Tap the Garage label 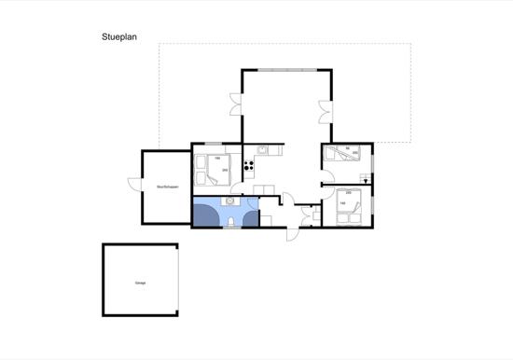(140, 282)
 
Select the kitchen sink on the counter (264, 149)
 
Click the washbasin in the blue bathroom (230, 201)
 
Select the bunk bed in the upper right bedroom (346, 156)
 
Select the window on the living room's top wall (287, 69)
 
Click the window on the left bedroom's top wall (212, 144)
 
